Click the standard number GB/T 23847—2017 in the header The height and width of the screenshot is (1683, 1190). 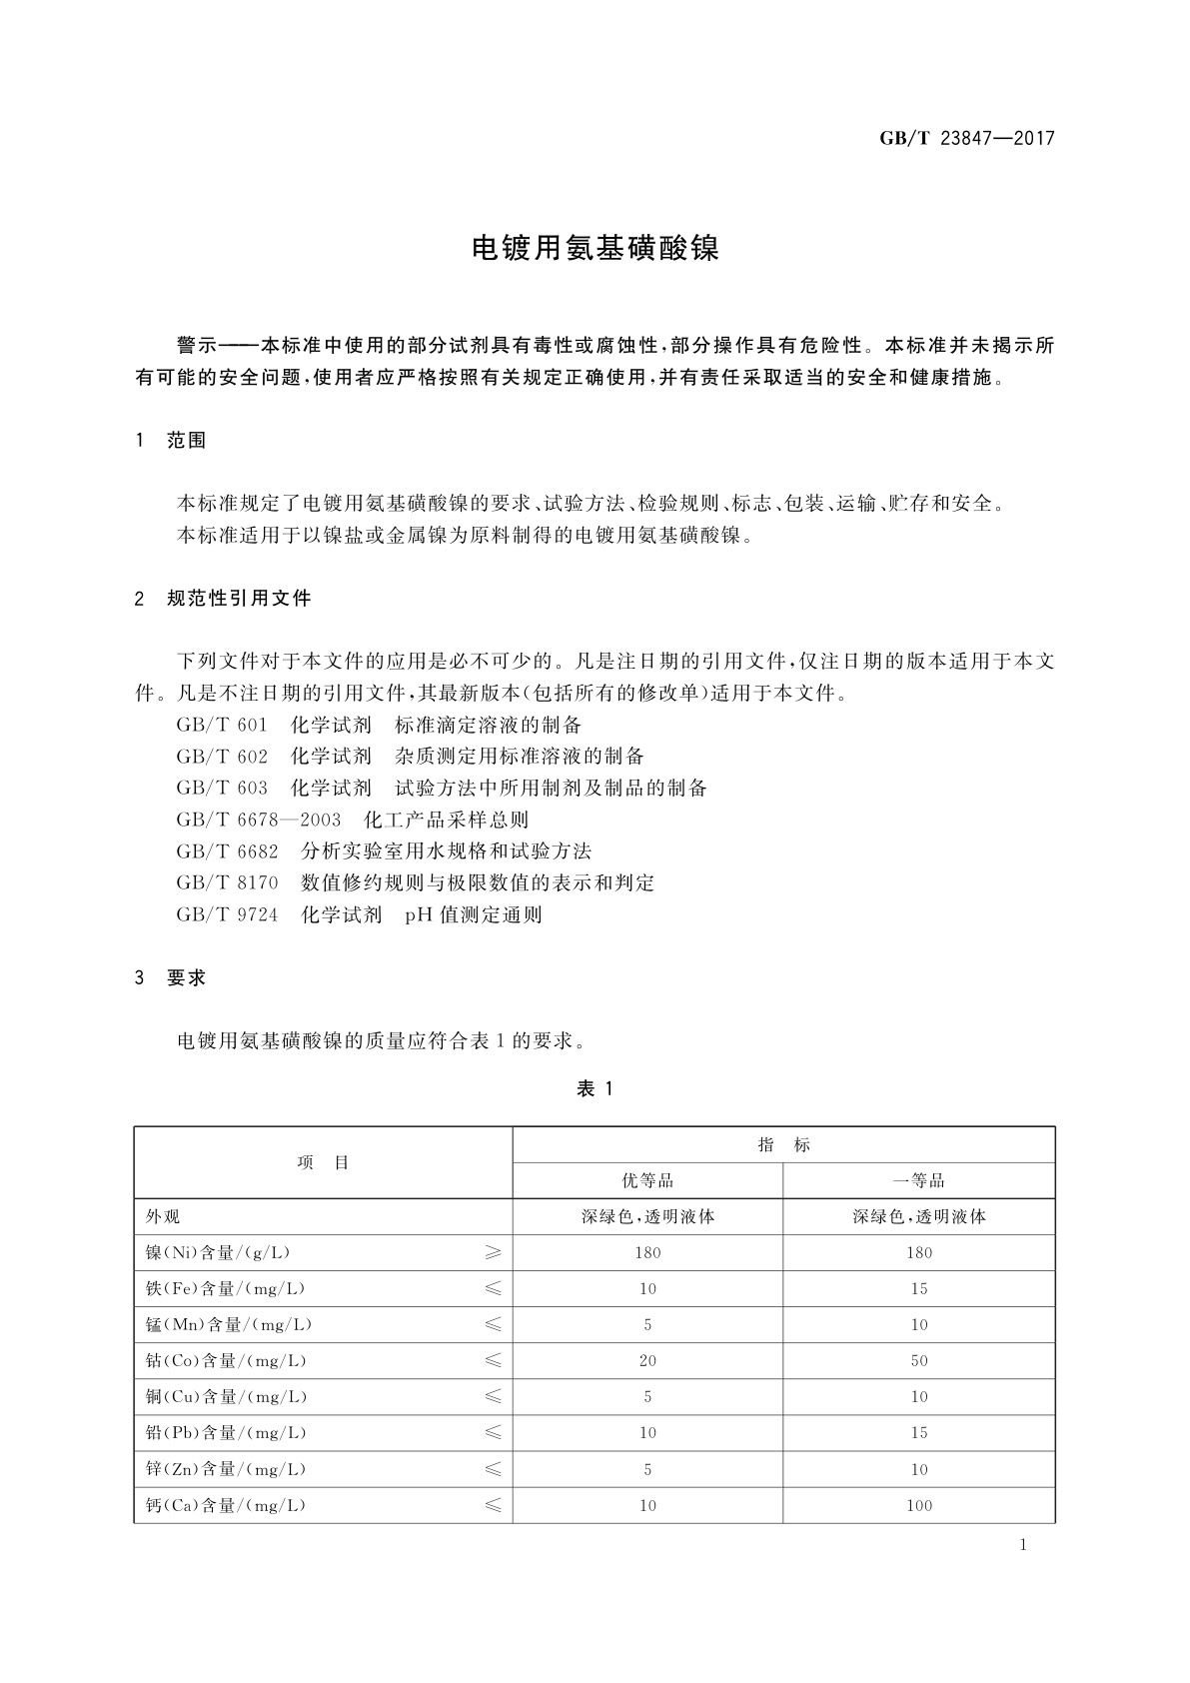[x=966, y=139]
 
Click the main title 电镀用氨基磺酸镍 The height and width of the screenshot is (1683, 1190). [x=595, y=249]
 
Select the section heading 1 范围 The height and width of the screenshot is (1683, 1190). [x=171, y=441]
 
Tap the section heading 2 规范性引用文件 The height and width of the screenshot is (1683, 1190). [x=224, y=599]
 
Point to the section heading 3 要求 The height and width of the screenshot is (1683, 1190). [x=171, y=978]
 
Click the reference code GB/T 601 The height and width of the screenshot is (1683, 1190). [x=222, y=725]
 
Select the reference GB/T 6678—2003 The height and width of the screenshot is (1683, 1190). [x=258, y=820]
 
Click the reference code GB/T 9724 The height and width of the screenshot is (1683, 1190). [x=227, y=914]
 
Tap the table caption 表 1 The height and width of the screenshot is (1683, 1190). [x=595, y=1089]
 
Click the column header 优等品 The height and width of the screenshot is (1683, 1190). [x=647, y=1180]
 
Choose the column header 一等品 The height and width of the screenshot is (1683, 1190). [x=918, y=1180]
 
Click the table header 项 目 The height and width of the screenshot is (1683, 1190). [x=323, y=1162]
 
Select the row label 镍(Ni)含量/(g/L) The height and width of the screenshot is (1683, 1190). [x=219, y=1252]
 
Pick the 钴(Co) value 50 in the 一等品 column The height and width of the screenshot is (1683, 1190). [x=918, y=1360]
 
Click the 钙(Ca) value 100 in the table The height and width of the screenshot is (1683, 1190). [x=918, y=1505]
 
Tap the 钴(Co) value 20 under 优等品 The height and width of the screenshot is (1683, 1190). [x=647, y=1360]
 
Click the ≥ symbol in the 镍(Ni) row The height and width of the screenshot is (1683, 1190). [x=493, y=1252]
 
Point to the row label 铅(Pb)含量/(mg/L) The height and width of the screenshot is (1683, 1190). [x=226, y=1432]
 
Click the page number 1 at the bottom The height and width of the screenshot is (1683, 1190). [x=1022, y=1545]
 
